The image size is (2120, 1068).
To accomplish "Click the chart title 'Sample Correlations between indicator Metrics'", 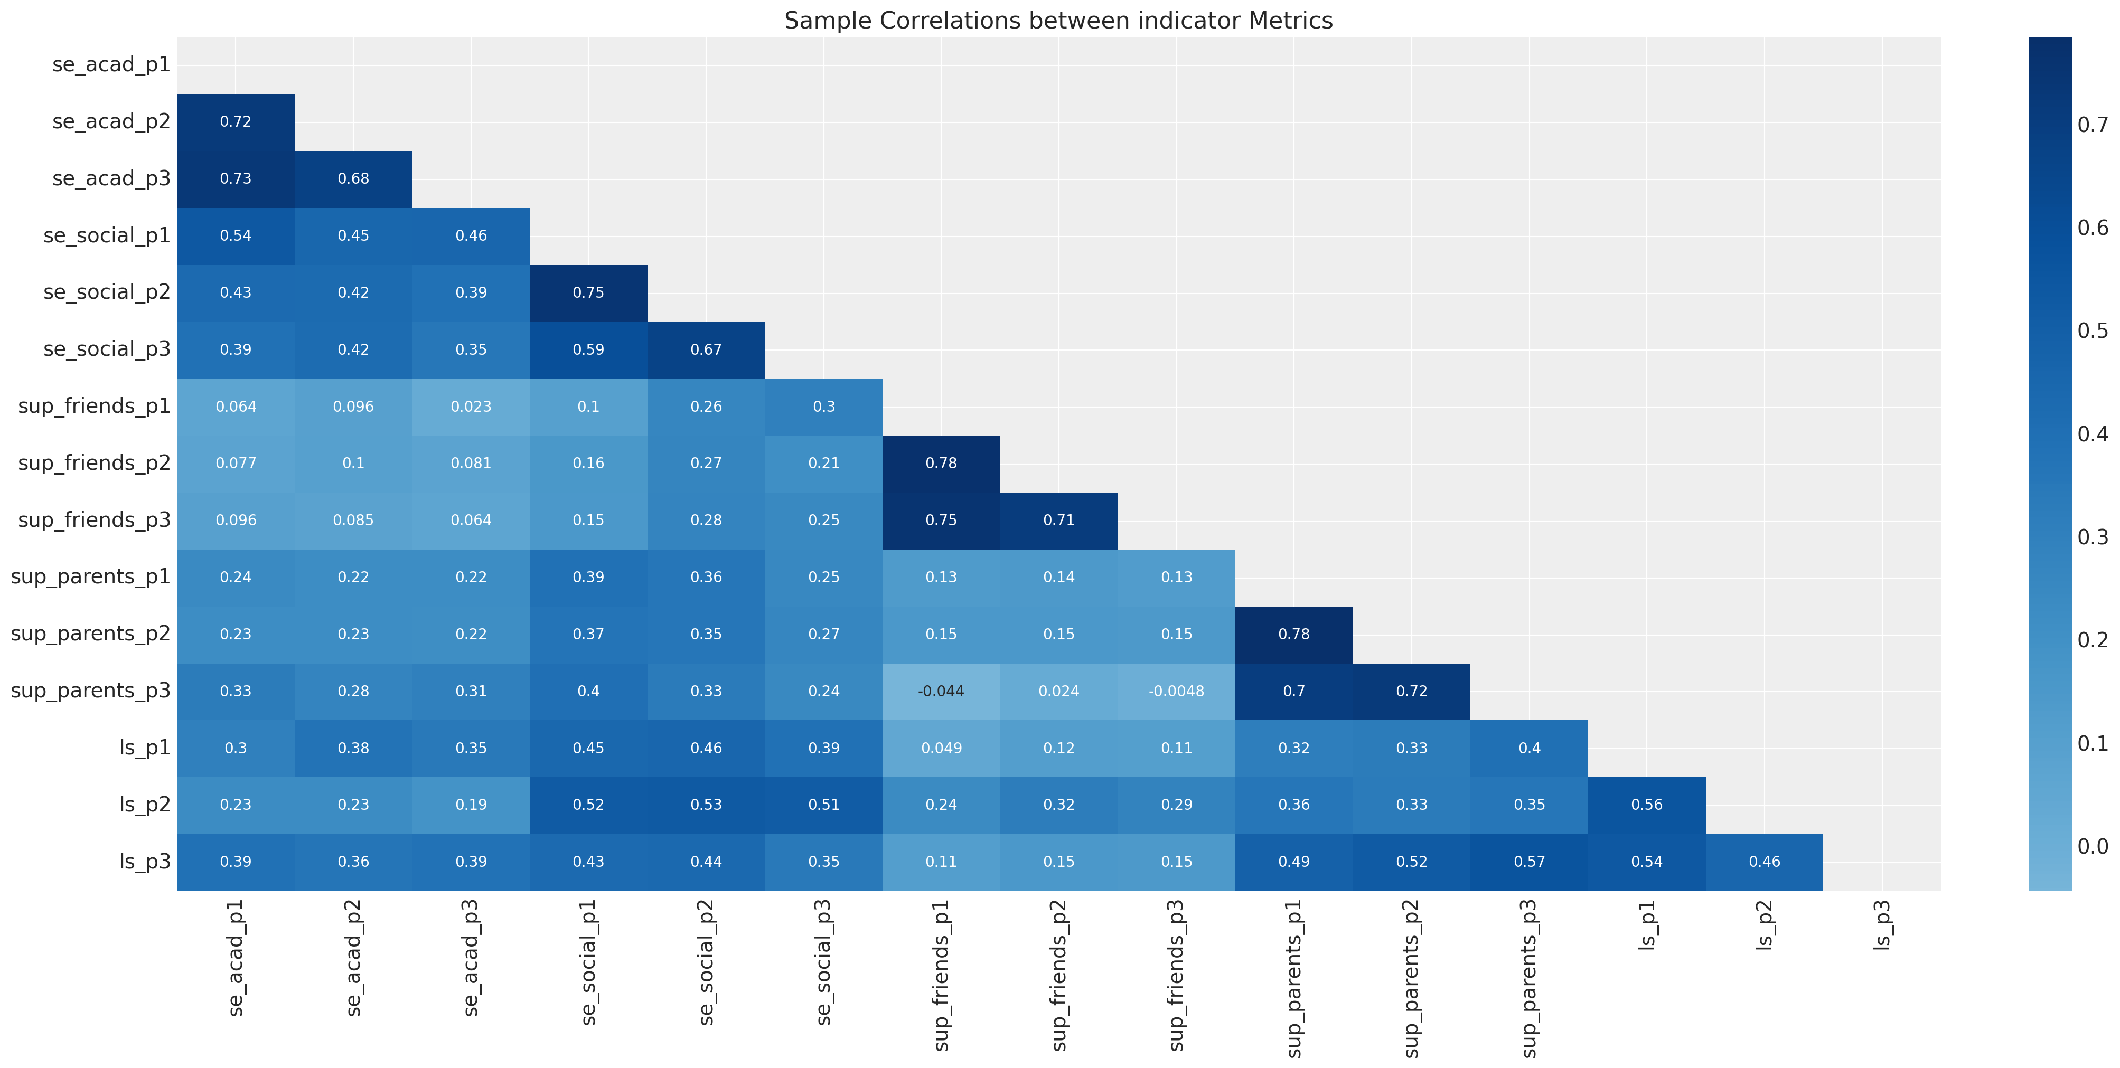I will click(1058, 21).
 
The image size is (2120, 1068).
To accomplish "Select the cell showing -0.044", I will click(941, 691).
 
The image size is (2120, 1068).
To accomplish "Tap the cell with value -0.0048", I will click(1176, 691).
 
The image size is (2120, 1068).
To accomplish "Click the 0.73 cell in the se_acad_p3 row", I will click(236, 178).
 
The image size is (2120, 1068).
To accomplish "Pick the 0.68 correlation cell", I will click(353, 178).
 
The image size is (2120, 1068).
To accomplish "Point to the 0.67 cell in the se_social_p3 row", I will click(706, 349).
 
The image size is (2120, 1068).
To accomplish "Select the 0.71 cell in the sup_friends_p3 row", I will click(1058, 520).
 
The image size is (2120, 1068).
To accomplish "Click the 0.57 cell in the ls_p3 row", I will click(1529, 862).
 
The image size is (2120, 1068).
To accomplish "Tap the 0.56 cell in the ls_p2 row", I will click(1647, 805).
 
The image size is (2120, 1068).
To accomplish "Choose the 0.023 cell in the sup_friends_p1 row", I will click(471, 407).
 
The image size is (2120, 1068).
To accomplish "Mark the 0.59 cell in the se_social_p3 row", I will click(588, 349).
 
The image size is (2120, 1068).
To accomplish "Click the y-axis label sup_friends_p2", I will click(94, 463).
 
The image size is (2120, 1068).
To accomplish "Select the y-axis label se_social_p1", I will click(106, 235).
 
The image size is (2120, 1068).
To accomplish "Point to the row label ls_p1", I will click(145, 748).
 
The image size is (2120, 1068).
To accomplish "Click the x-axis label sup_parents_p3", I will click(1529, 978).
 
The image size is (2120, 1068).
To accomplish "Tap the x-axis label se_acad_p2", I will click(353, 958).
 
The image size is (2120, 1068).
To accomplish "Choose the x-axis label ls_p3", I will click(1881, 925).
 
